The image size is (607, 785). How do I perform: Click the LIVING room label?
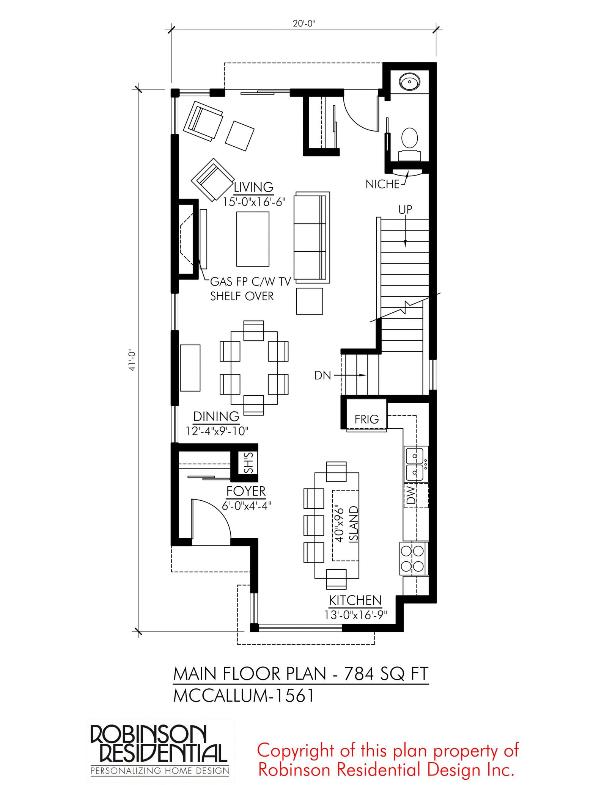coord(253,187)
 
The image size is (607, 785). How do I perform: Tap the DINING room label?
coord(216,416)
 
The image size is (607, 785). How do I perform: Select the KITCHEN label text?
coord(355,600)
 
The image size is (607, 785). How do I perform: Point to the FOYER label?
coord(246,491)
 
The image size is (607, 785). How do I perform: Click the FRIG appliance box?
coord(366,415)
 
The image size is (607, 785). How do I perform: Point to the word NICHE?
coord(382,184)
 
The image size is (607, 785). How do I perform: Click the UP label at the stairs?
coord(405,209)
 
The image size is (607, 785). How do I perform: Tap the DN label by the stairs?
coord(323,375)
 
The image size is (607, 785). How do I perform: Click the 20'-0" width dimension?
coord(304,24)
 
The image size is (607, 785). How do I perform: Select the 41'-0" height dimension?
coord(132,360)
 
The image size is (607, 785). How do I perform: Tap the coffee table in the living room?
coord(253,239)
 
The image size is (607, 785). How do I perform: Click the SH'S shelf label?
coord(248,463)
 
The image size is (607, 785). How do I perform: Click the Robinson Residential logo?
coord(160,750)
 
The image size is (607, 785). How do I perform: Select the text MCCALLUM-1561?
coord(244,696)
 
